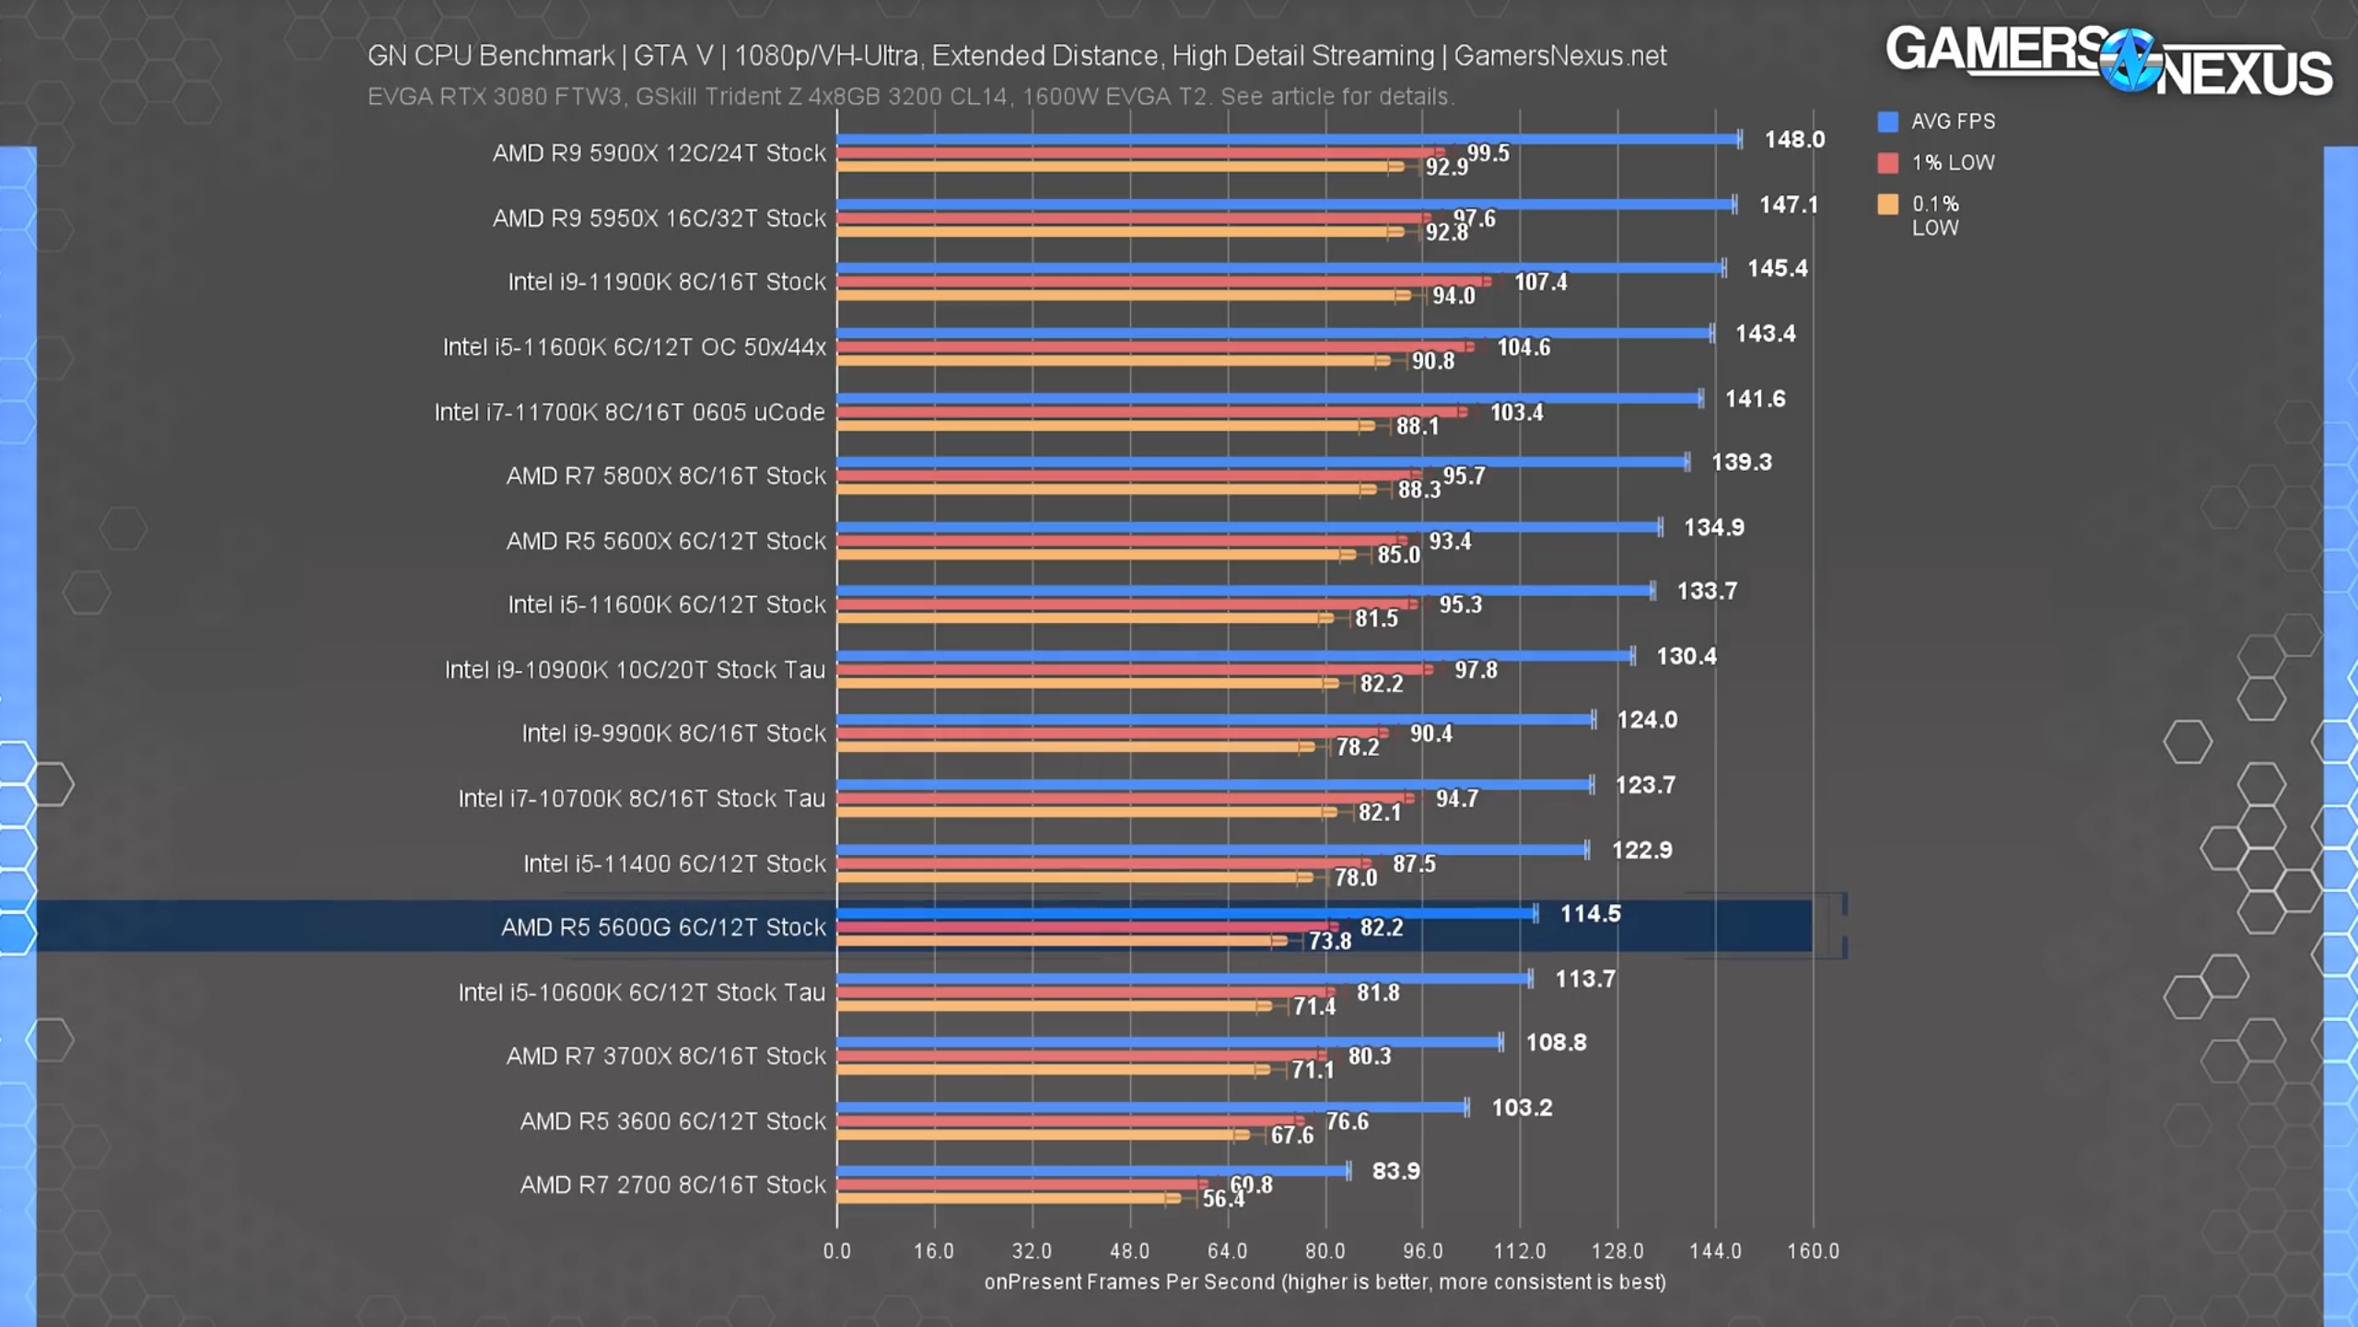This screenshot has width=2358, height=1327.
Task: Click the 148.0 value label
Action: tap(1793, 139)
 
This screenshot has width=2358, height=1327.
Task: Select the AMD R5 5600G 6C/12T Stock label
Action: tap(663, 927)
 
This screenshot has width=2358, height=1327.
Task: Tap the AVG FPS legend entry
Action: tap(1953, 122)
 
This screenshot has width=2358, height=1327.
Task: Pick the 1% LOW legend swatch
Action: tap(1887, 163)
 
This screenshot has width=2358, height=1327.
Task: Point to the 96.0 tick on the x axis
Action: tap(1422, 1251)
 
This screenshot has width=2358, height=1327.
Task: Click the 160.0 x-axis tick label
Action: tap(1813, 1251)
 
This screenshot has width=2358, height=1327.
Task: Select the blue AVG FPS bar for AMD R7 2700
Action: tap(1092, 1171)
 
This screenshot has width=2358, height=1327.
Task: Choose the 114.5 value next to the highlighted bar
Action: tap(1590, 913)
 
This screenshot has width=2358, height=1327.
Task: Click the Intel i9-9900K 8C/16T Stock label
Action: tap(673, 734)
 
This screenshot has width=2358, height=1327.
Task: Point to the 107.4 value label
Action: tap(1540, 282)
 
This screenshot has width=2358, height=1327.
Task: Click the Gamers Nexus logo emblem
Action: tap(2129, 61)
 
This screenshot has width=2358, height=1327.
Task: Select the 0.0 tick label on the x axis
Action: tap(836, 1251)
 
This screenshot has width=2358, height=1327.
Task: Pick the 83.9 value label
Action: tap(1395, 1171)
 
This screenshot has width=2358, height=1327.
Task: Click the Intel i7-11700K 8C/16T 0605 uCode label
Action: tap(629, 412)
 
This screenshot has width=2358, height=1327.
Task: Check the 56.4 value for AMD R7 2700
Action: tap(1222, 1198)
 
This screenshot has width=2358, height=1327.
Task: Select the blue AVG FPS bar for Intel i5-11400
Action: tap(1211, 850)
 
